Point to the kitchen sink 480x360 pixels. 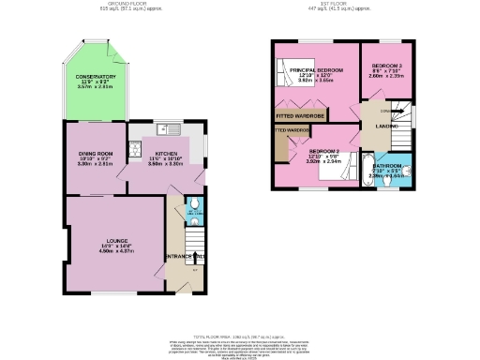pos(168,128)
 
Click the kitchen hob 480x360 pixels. pos(135,148)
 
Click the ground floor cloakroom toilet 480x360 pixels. pos(193,204)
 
